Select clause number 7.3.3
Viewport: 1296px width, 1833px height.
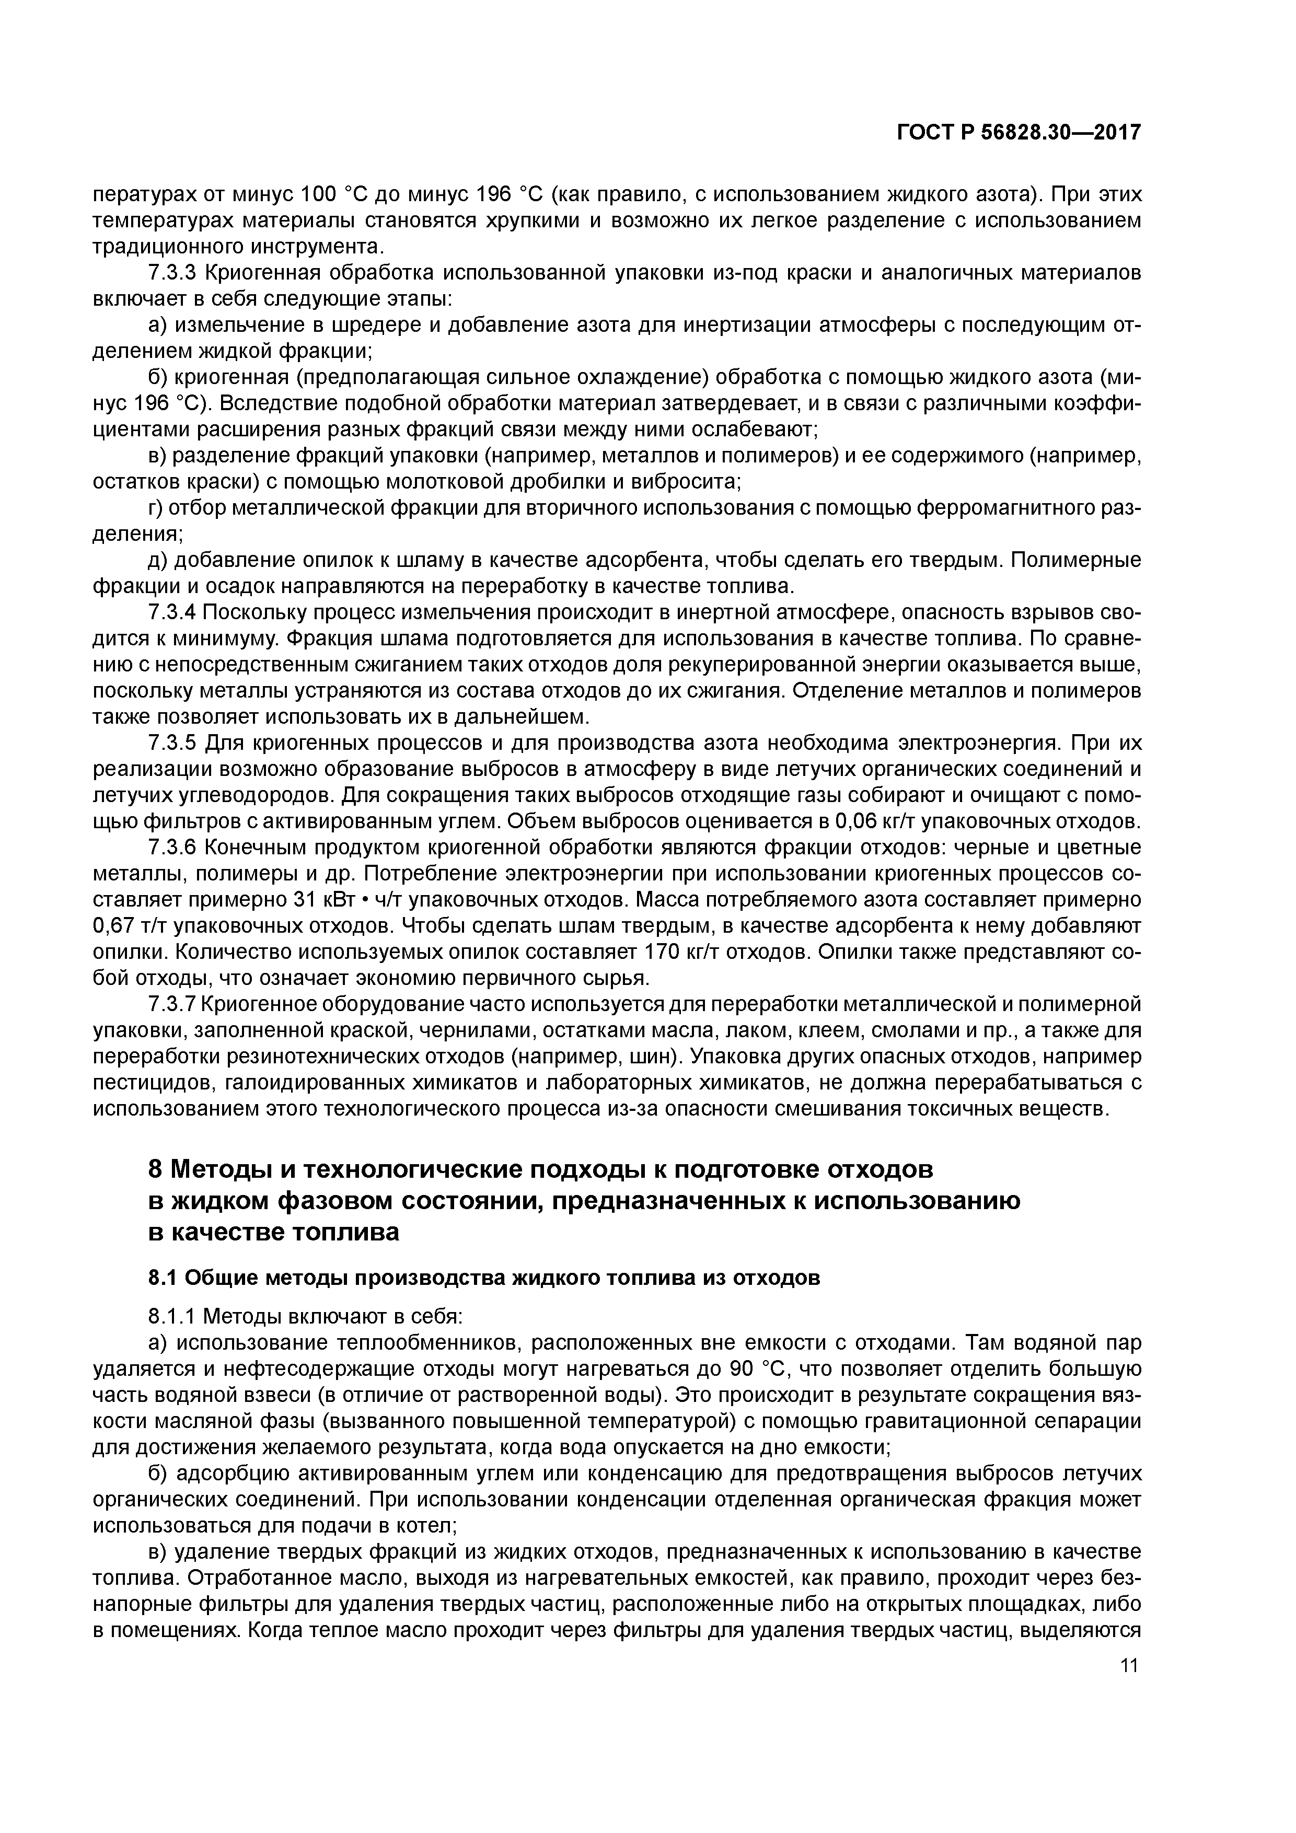(172, 273)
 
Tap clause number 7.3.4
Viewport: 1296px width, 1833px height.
(172, 612)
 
